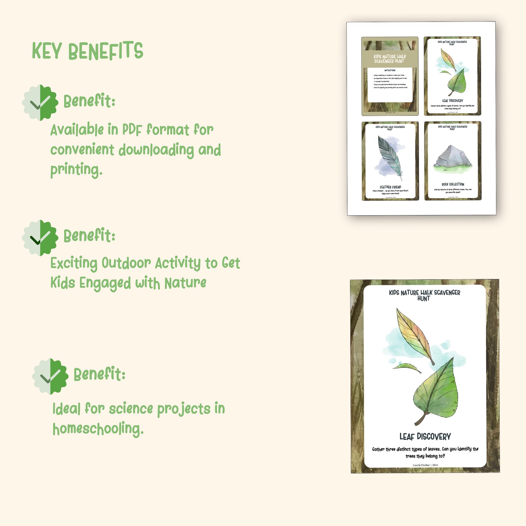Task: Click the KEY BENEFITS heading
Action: (87, 51)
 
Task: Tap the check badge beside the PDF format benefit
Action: (40, 103)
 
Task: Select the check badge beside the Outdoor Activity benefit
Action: (40, 238)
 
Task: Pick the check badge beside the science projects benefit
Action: (50, 376)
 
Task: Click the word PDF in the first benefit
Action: (132, 130)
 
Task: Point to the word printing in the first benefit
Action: (76, 170)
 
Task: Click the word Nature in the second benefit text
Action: (185, 283)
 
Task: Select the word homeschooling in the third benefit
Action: (98, 429)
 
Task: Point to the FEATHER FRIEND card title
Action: (390, 187)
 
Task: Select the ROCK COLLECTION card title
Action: (453, 184)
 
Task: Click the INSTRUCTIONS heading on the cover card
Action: (390, 70)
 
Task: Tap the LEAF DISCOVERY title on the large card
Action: (425, 437)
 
